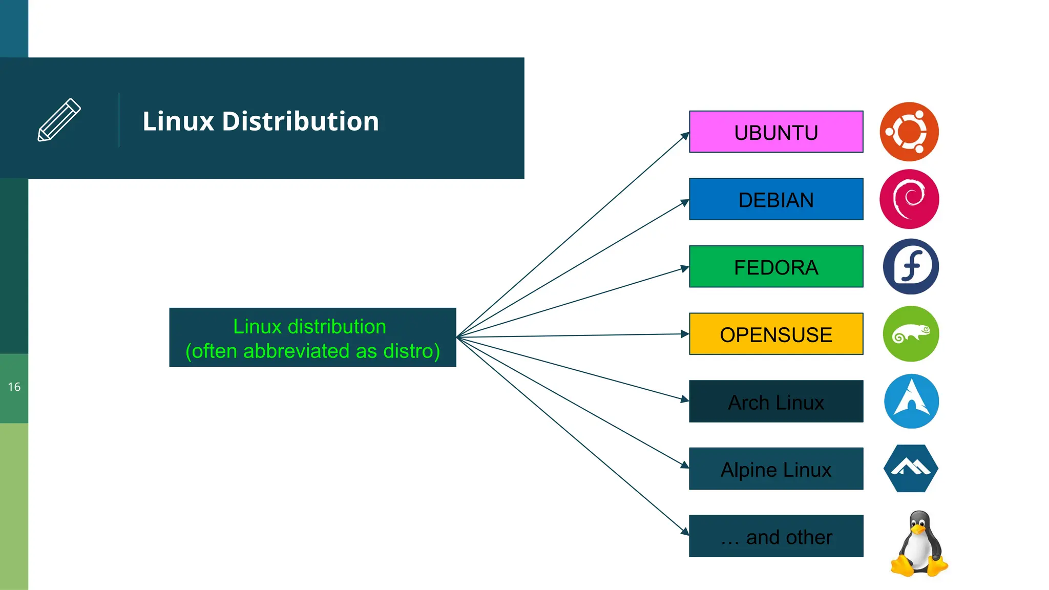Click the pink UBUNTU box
click(x=775, y=132)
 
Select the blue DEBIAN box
click(x=775, y=199)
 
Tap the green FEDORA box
click(x=775, y=267)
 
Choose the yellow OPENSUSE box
click(x=775, y=334)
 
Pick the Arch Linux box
click(x=775, y=402)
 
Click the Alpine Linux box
click(x=775, y=469)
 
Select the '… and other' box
click(x=775, y=536)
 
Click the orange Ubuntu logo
click(x=909, y=132)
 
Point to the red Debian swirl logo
click(x=909, y=199)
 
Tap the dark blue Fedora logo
click(x=911, y=266)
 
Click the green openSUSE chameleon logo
click(x=911, y=334)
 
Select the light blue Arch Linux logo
click(x=911, y=401)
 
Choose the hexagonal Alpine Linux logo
click(x=911, y=469)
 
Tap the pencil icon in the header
click(x=59, y=120)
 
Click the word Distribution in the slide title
click(x=300, y=121)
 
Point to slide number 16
click(x=14, y=387)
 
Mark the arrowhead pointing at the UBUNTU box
click(x=685, y=136)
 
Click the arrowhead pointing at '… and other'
click(x=685, y=532)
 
